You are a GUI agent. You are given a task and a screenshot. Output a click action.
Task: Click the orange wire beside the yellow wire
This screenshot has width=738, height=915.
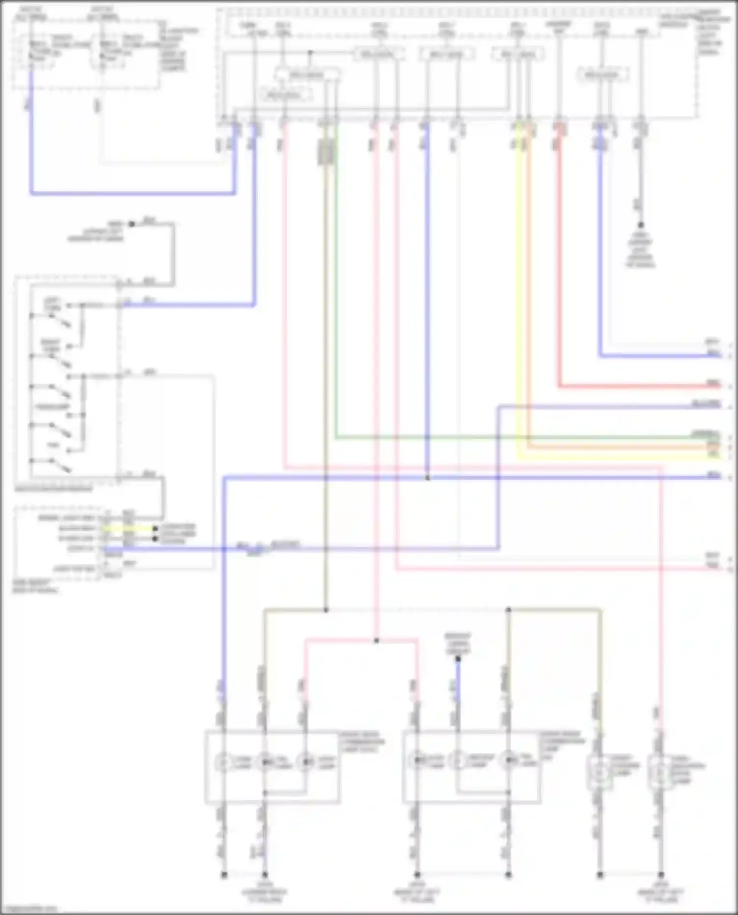pyautogui.click(x=615, y=447)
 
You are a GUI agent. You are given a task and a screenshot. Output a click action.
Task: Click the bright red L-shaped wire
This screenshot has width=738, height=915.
pyautogui.click(x=640, y=386)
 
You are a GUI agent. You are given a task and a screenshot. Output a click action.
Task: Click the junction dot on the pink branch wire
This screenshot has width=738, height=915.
pyautogui.click(x=376, y=640)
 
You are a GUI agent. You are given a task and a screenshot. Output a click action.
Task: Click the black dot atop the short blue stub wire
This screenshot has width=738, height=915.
pyautogui.click(x=458, y=659)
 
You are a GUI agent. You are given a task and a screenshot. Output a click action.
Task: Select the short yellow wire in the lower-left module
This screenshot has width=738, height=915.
pyautogui.click(x=128, y=529)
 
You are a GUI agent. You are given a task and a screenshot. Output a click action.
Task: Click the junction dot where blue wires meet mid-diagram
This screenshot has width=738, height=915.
pyautogui.click(x=427, y=477)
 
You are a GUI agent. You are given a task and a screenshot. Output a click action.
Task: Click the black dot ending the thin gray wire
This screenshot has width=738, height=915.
pyautogui.click(x=641, y=224)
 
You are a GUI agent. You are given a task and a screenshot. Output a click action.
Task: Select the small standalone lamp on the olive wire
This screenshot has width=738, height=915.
pyautogui.click(x=600, y=772)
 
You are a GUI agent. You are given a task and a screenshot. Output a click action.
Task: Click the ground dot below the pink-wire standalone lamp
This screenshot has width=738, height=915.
pyautogui.click(x=661, y=875)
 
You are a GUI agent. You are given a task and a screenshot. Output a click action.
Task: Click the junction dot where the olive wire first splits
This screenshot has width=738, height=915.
pyautogui.click(x=326, y=610)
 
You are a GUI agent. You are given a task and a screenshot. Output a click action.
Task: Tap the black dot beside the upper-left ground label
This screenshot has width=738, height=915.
pyautogui.click(x=131, y=224)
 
